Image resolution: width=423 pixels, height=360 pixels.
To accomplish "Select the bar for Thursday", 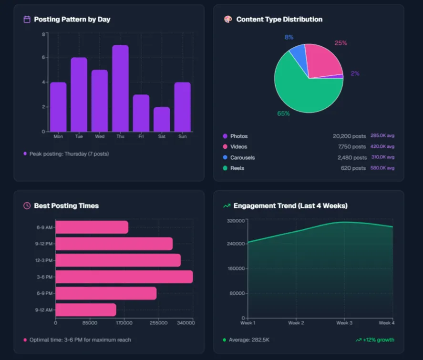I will click(x=120, y=88).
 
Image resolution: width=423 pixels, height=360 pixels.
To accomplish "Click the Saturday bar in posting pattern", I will click(x=162, y=119).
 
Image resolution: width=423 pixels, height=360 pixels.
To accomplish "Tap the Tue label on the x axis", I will click(x=79, y=136).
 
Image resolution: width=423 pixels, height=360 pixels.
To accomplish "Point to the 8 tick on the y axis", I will click(x=43, y=34).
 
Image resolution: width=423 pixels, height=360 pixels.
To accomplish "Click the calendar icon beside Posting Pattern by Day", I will click(x=27, y=20).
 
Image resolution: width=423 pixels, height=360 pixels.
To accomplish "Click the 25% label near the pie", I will click(x=340, y=43).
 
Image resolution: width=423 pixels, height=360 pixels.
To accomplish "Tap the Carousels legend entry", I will click(x=242, y=157).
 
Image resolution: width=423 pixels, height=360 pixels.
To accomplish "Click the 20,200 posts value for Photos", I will click(x=349, y=136).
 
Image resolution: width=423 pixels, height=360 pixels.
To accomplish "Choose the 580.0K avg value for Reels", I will click(x=382, y=168).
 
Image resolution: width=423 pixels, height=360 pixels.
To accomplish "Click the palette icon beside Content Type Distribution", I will click(x=227, y=20).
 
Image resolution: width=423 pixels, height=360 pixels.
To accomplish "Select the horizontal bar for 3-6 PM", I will click(x=124, y=277).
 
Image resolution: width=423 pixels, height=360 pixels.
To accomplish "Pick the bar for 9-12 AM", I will click(x=86, y=310).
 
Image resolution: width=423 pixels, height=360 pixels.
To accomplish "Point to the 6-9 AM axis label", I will click(x=44, y=227).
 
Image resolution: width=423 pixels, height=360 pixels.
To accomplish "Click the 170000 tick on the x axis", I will click(x=124, y=323).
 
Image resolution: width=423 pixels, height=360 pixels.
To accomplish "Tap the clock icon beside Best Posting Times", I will click(x=27, y=206).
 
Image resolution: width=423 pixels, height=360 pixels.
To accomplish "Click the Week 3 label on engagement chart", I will click(x=344, y=323).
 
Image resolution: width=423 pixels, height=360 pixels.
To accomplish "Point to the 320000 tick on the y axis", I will click(x=236, y=221).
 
